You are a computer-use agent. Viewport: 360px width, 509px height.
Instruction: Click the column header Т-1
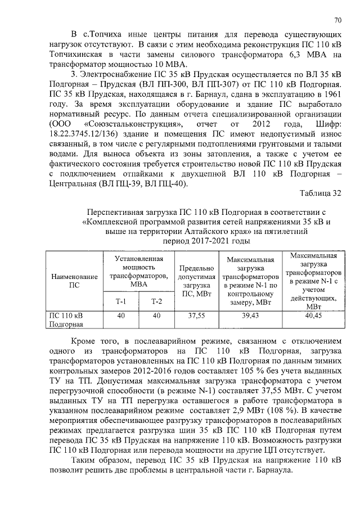pyautogui.click(x=121, y=301)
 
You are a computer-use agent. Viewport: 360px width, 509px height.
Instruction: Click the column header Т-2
pyautogui.click(x=156, y=301)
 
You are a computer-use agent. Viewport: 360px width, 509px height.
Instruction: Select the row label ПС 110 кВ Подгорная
pyautogui.click(x=66, y=320)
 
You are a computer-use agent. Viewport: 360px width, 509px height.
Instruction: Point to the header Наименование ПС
pyautogui.click(x=74, y=281)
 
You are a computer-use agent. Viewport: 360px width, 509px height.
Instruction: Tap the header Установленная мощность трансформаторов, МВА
pyautogui.click(x=138, y=272)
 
